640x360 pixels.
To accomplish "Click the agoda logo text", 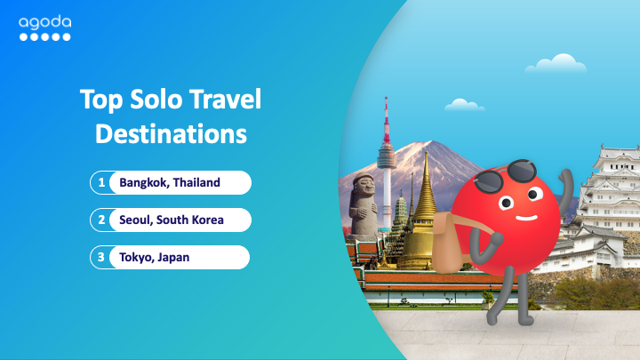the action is click(x=45, y=22).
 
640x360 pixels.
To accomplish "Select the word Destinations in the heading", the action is click(x=171, y=133).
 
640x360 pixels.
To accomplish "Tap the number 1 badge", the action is click(x=101, y=182).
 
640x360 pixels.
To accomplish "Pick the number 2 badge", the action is click(x=101, y=220).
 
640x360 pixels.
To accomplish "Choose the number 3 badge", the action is click(x=101, y=257).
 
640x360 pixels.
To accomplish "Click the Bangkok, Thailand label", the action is click(x=170, y=182).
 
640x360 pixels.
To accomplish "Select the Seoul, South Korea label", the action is click(x=171, y=220).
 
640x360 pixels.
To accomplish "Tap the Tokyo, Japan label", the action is click(x=155, y=258).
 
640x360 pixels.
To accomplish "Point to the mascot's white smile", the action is click(x=526, y=218).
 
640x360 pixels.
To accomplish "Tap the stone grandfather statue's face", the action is click(x=364, y=187).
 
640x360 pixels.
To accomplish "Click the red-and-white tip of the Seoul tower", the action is click(x=386, y=119).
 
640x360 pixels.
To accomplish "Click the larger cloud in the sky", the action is click(x=556, y=64).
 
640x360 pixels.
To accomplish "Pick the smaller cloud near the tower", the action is click(x=464, y=105).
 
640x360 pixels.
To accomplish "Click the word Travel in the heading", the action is click(x=225, y=100).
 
